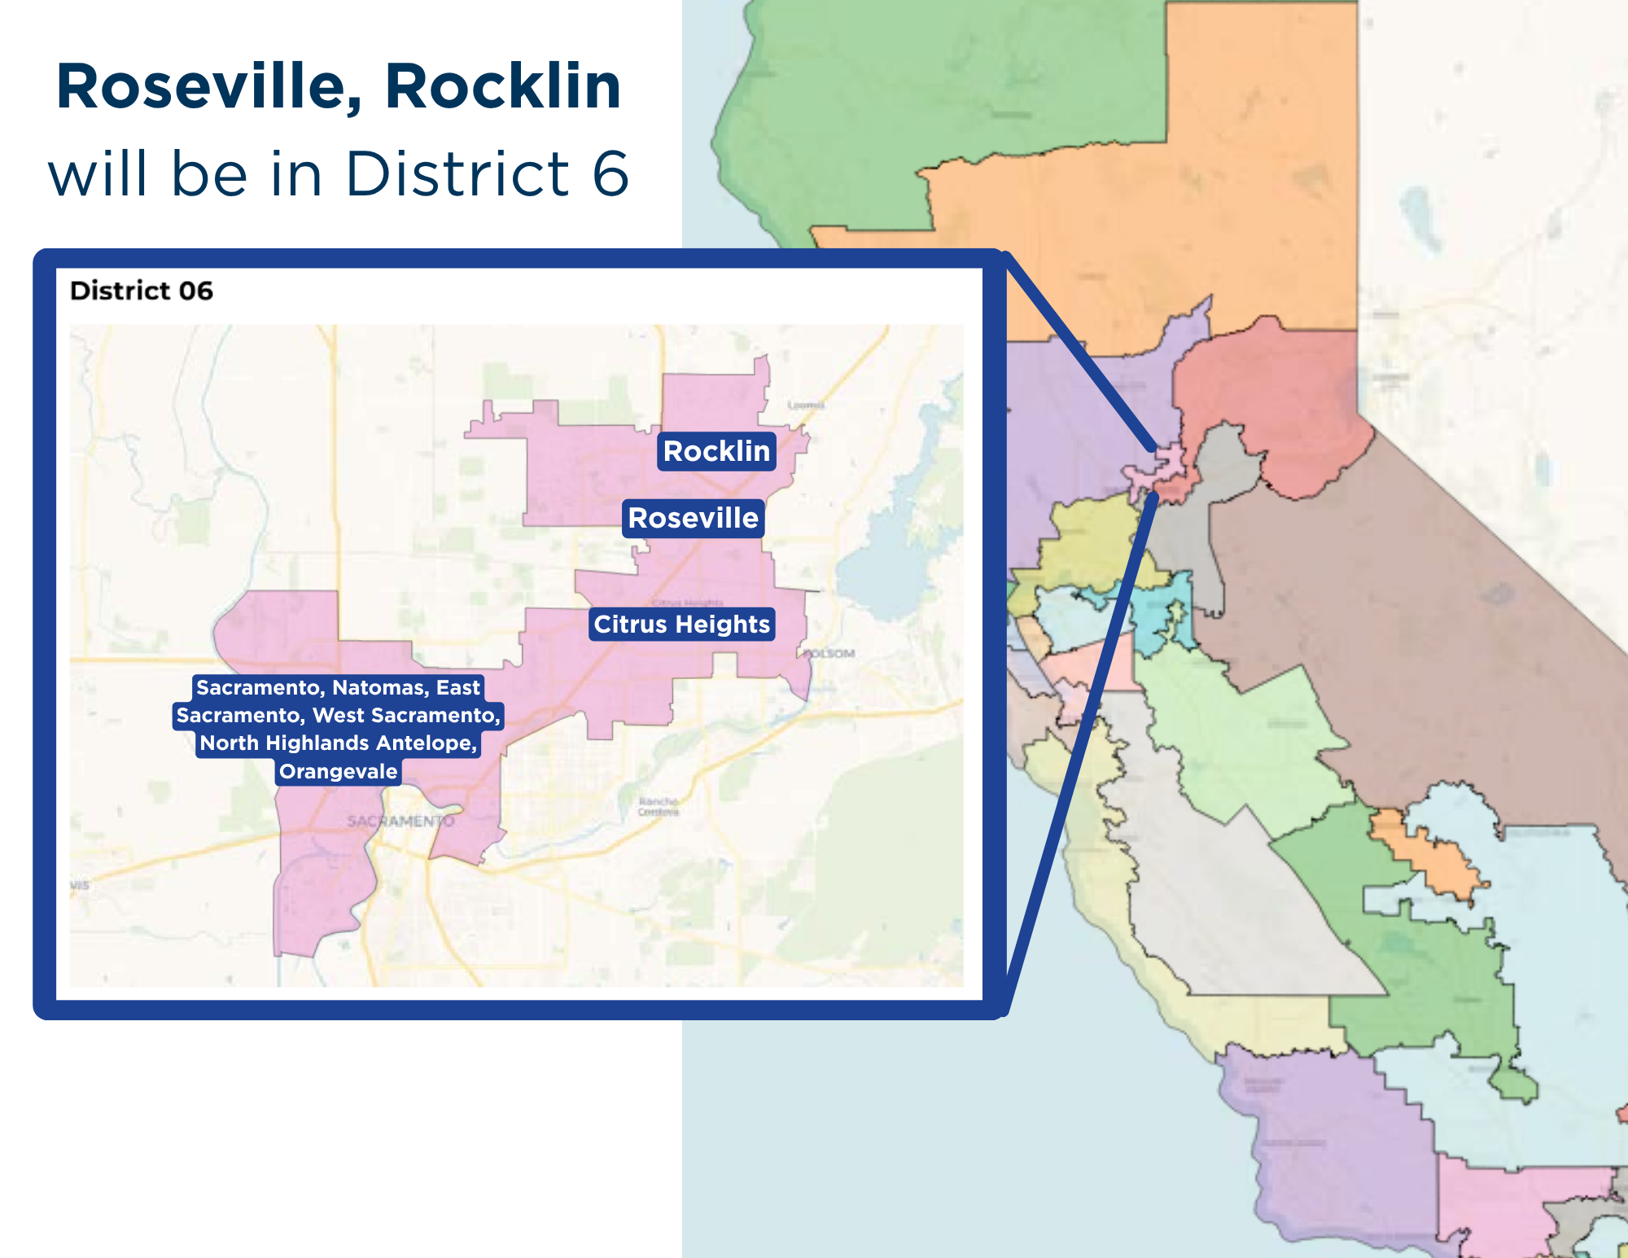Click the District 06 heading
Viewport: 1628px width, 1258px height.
point(142,291)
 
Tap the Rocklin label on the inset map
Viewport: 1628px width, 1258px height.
point(716,451)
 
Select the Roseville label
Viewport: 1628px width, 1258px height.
point(694,518)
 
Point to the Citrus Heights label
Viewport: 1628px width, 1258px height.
point(681,625)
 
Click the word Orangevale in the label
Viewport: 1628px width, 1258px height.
point(339,771)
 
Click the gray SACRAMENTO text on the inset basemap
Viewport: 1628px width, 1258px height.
point(400,821)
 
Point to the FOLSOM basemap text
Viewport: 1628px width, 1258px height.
point(829,653)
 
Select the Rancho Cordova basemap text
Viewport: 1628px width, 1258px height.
point(659,807)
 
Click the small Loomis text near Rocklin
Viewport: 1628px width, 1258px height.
point(806,405)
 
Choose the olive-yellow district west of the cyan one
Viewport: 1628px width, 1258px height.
point(1083,546)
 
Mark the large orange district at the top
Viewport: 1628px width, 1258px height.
point(1180,204)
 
